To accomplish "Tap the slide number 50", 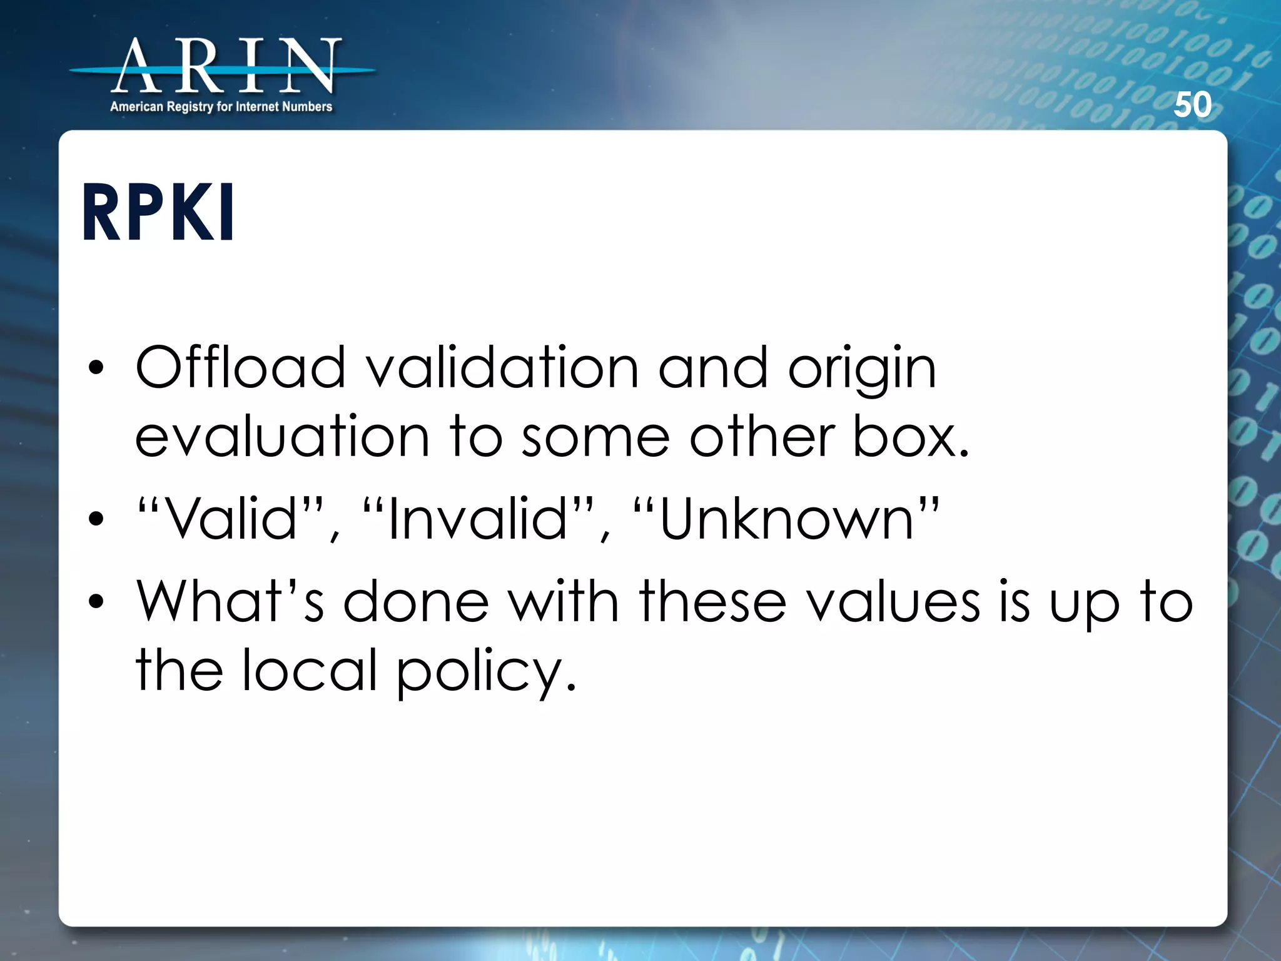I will click(x=1192, y=104).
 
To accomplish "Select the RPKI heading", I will click(x=159, y=213).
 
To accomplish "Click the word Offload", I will click(x=241, y=368).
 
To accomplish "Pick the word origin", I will click(x=862, y=369).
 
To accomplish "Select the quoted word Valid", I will click(x=232, y=519).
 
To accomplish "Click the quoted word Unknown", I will click(x=786, y=519).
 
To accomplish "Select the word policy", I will click(x=486, y=672).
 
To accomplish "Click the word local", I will click(x=310, y=670).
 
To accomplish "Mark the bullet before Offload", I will click(x=96, y=369).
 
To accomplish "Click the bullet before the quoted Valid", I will click(x=96, y=519).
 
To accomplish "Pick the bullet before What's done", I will click(x=96, y=601).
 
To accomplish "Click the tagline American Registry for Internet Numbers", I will click(x=221, y=107).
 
